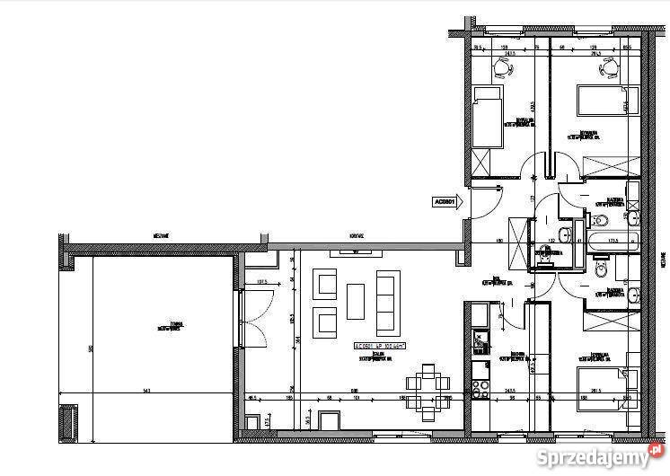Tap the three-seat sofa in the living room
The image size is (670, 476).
[386, 302]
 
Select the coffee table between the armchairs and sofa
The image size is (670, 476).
[356, 302]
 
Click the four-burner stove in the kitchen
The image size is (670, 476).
[480, 388]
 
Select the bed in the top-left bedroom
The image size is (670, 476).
[489, 117]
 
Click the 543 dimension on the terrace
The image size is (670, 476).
[147, 388]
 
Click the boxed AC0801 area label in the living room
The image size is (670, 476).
[379, 345]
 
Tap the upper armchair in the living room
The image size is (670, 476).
[324, 284]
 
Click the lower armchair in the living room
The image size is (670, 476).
[324, 322]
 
